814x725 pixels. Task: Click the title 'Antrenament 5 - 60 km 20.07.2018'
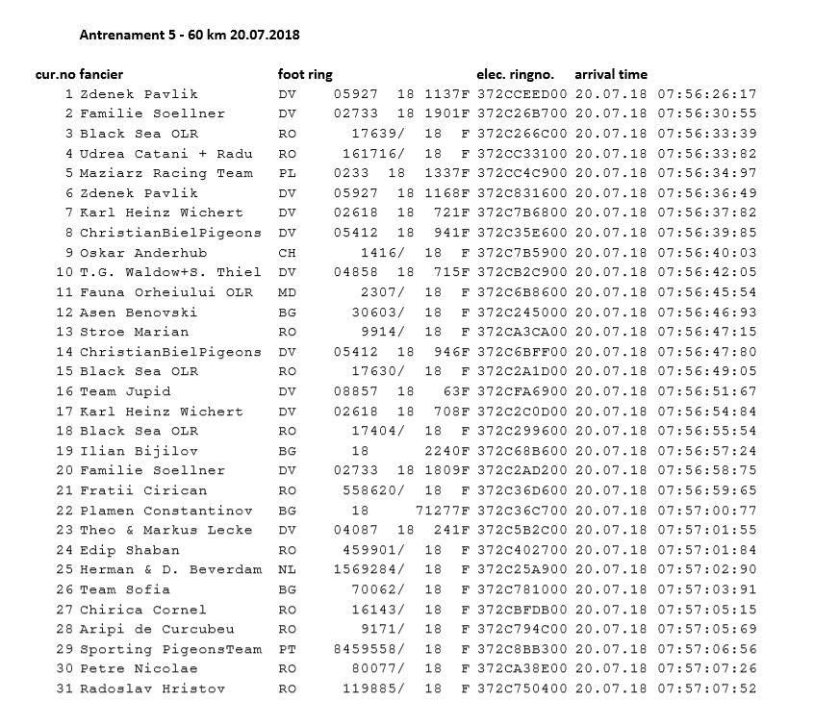click(x=189, y=35)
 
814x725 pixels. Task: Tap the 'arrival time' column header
click(x=611, y=74)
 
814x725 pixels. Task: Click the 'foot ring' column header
click(x=306, y=74)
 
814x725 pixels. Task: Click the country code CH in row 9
click(x=287, y=253)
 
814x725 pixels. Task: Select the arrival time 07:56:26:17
click(x=706, y=94)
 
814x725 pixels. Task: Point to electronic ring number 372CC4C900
click(x=522, y=173)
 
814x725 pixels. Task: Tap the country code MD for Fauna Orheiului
click(x=287, y=292)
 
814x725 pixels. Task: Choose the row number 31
click(x=64, y=688)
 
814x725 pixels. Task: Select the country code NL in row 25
click(x=287, y=569)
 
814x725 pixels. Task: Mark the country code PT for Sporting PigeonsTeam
click(x=287, y=649)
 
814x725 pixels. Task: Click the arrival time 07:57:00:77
click(x=706, y=510)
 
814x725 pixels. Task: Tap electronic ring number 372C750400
click(x=522, y=688)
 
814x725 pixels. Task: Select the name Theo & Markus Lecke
click(x=165, y=530)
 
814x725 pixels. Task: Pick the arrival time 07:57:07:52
click(x=706, y=688)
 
